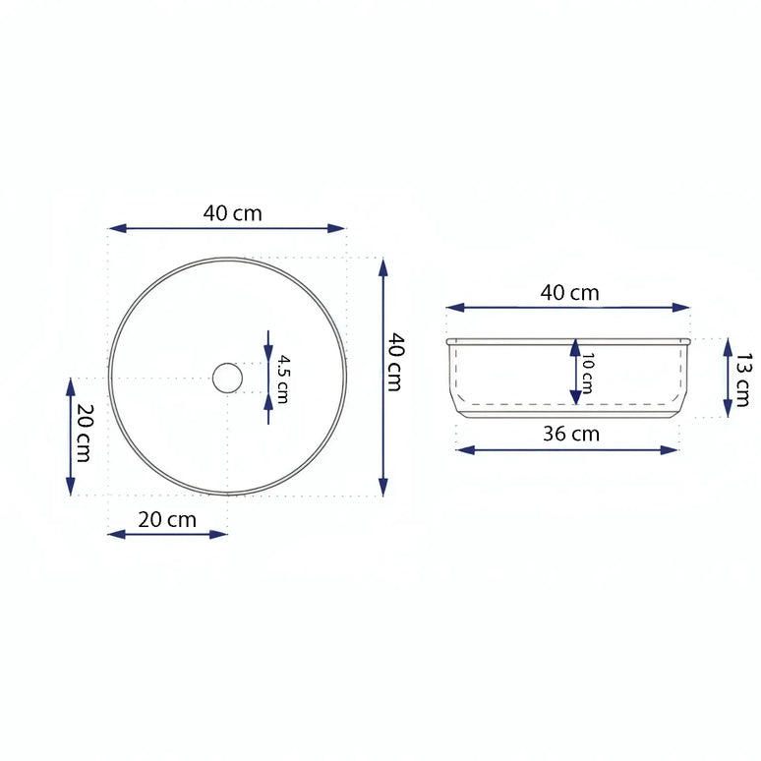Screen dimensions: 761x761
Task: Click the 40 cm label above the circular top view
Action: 233,212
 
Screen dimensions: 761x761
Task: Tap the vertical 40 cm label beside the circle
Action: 394,362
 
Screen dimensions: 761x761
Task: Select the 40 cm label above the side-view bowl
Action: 569,292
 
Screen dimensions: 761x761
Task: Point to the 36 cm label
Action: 571,434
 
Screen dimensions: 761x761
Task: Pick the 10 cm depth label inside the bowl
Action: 587,373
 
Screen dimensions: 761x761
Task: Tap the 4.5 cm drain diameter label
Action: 282,379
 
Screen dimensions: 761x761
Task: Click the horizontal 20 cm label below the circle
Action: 167,519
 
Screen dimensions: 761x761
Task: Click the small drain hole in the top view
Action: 227,378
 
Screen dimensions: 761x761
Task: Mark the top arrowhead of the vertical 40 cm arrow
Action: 382,266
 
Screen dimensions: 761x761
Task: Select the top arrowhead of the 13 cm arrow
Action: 728,345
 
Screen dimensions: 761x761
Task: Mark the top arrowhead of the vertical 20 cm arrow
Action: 70,386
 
